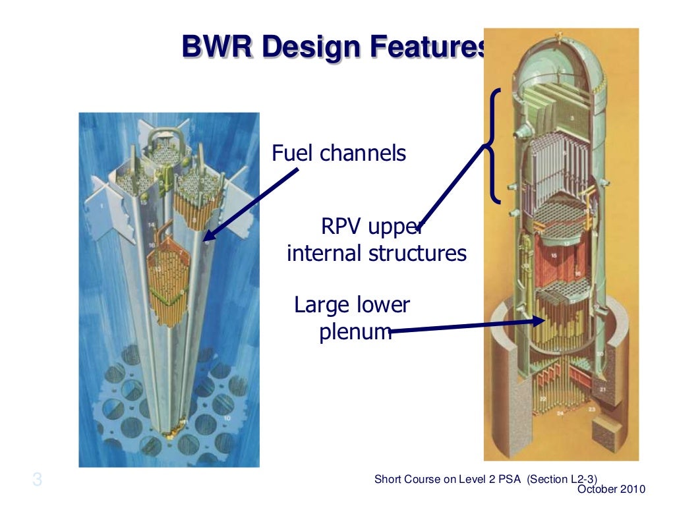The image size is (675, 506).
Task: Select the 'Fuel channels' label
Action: tap(339, 154)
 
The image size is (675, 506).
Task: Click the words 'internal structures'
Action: tap(376, 253)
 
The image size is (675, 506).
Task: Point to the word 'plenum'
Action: tap(355, 333)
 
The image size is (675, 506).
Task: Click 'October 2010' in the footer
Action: tap(611, 489)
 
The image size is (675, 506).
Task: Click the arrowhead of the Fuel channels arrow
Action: tap(206, 238)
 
